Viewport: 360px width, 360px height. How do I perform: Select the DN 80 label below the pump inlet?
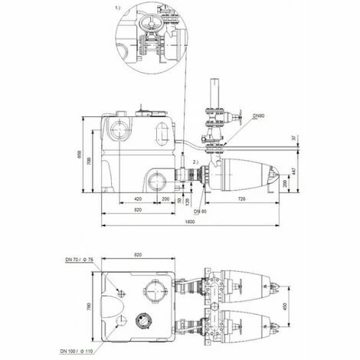click(x=200, y=211)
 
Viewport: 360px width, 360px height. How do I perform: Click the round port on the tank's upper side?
click(x=121, y=126)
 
